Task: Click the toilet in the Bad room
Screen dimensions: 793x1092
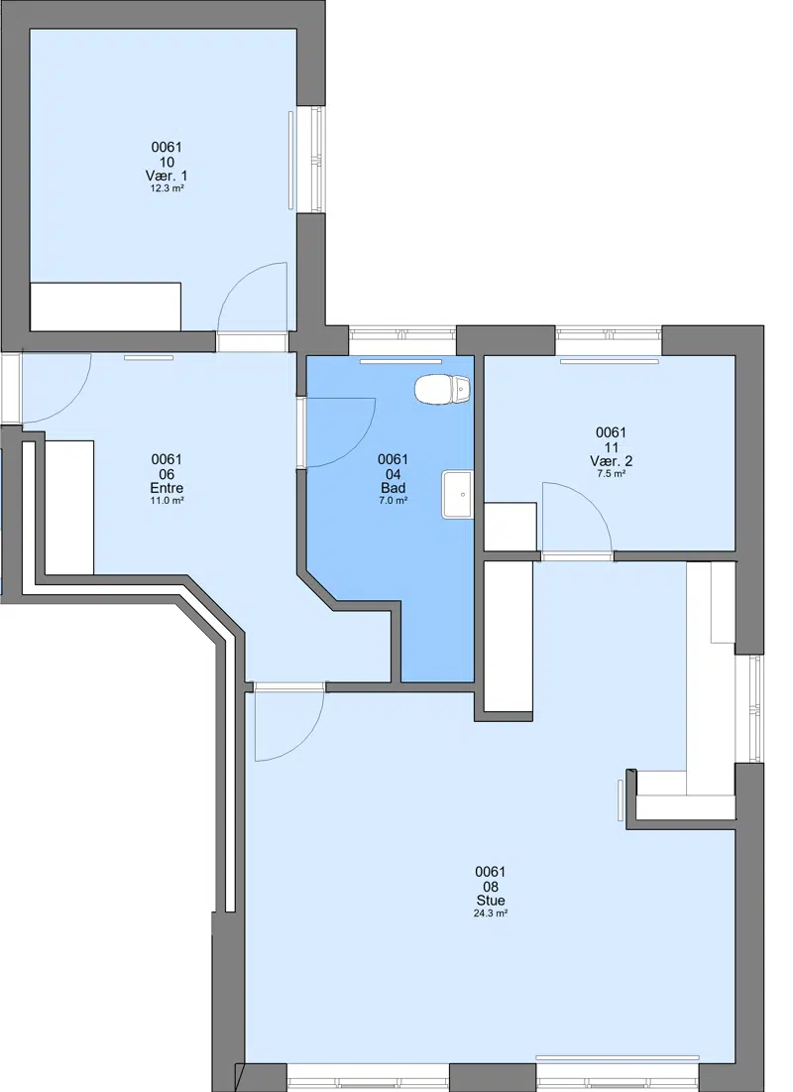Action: tap(442, 389)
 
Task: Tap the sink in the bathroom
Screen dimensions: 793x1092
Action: tap(457, 494)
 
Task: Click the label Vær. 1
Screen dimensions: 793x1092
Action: tap(167, 177)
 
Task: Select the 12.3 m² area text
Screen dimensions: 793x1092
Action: tap(168, 188)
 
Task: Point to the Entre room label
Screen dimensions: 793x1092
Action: tap(168, 488)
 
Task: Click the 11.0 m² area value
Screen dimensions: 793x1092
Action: tap(168, 500)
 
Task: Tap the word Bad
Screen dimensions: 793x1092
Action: tap(394, 488)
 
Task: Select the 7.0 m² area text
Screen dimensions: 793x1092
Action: tap(394, 500)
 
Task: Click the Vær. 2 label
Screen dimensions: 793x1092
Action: tap(612, 461)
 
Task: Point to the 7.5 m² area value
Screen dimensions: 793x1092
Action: tap(612, 473)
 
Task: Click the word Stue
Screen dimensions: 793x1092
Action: tap(491, 901)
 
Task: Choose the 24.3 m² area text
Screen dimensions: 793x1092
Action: tap(491, 913)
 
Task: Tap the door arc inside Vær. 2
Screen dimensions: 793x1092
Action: tap(591, 502)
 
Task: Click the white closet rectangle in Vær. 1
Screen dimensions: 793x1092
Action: tap(106, 306)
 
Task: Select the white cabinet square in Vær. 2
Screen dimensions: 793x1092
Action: tap(510, 527)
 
